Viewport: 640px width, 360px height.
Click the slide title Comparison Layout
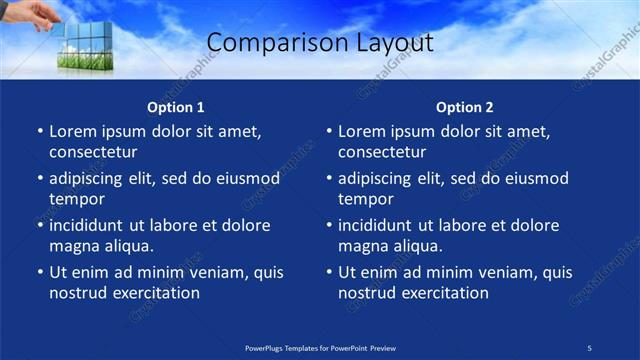(319, 43)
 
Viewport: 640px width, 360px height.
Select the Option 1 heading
(176, 107)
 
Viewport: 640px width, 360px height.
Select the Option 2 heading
(465, 107)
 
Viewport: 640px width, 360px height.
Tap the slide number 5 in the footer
(589, 347)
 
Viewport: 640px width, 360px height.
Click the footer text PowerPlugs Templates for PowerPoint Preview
(320, 347)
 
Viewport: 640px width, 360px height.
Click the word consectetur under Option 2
(381, 152)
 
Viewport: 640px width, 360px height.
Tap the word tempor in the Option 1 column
(75, 199)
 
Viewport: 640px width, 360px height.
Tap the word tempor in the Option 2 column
(364, 199)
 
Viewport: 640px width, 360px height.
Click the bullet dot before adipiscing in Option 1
(40, 179)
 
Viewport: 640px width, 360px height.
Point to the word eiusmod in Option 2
(533, 179)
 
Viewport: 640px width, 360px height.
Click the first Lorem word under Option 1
(72, 131)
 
